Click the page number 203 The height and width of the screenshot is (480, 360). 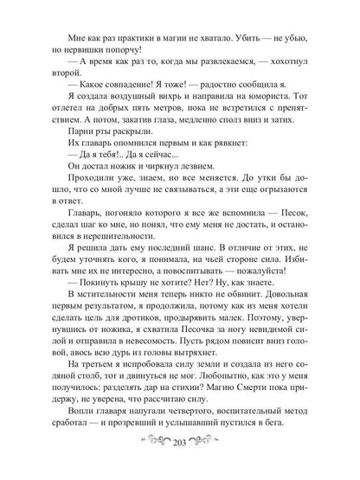click(x=180, y=455)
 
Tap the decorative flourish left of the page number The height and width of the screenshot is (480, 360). click(x=148, y=456)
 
